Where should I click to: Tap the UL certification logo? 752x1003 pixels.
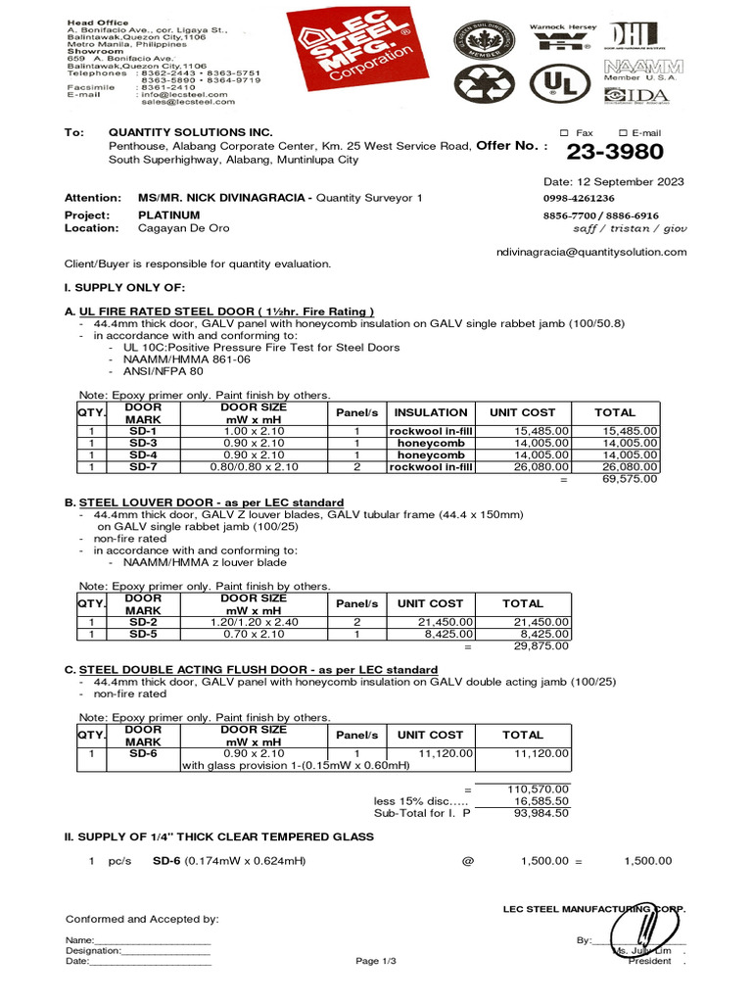pyautogui.click(x=555, y=86)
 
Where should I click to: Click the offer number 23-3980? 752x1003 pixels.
pyautogui.click(x=615, y=152)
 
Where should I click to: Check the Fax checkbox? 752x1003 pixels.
pyautogui.click(x=564, y=133)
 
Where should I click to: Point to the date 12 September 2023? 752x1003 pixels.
pyautogui.click(x=614, y=182)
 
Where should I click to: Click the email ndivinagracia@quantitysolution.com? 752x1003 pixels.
pyautogui.click(x=592, y=252)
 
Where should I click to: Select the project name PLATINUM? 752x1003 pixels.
pyautogui.click(x=168, y=215)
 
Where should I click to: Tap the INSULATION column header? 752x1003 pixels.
pyautogui.click(x=431, y=412)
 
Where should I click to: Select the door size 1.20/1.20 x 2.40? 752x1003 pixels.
pyautogui.click(x=253, y=622)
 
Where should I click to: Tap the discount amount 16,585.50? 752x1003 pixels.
pyautogui.click(x=537, y=800)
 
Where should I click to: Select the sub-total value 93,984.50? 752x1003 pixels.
pyautogui.click(x=537, y=812)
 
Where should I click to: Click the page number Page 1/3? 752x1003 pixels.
pyautogui.click(x=376, y=962)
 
